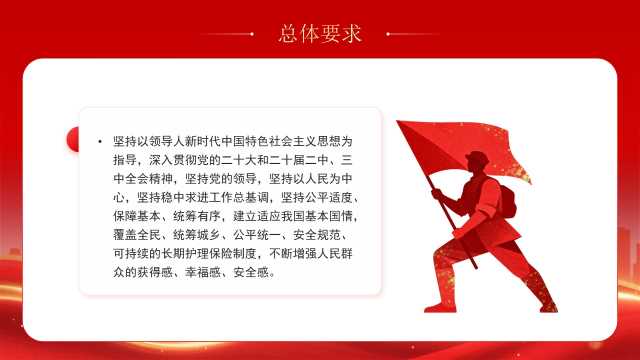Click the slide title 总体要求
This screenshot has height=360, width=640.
[x=320, y=33]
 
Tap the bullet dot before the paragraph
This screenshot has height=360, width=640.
[x=100, y=142]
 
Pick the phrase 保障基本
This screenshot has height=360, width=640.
[x=137, y=216]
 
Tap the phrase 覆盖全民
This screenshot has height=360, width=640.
[x=137, y=235]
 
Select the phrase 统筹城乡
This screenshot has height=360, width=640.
[x=197, y=235]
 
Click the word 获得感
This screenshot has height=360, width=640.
[x=155, y=273]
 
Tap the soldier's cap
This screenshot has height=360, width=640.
[x=477, y=157]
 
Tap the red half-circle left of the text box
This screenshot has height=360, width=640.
[x=73, y=140]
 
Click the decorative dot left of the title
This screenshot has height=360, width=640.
[x=252, y=34]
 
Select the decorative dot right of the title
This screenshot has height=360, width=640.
[x=388, y=34]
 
